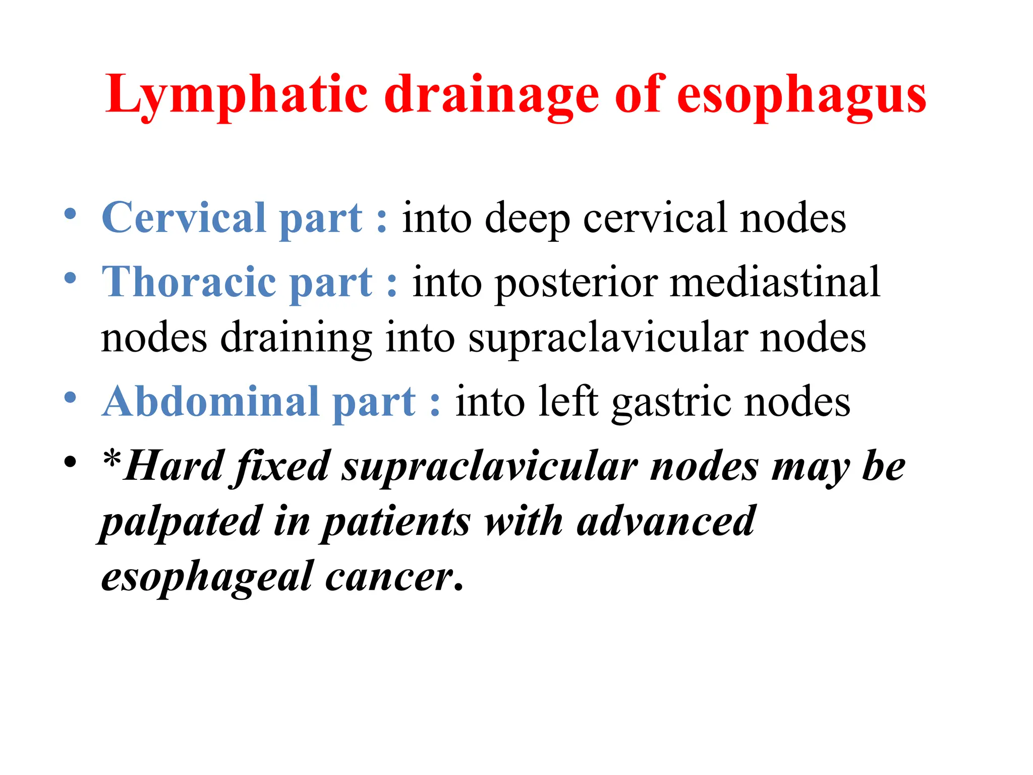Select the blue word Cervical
(184, 217)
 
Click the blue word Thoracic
(189, 282)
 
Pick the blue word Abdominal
(210, 402)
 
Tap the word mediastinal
(775, 282)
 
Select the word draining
(296, 338)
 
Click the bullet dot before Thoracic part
(71, 278)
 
